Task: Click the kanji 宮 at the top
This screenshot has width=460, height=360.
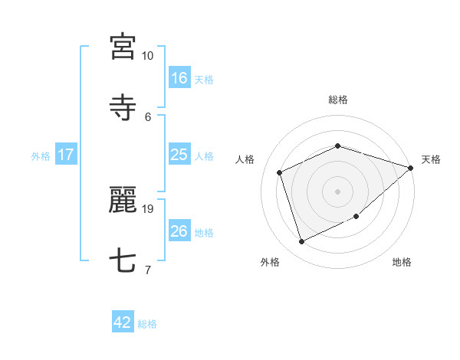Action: [123, 47]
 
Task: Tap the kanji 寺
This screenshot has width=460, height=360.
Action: [123, 108]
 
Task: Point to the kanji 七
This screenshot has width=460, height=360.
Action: [123, 261]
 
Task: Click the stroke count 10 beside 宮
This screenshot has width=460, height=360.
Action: [147, 56]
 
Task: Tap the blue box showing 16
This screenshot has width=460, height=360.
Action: [179, 78]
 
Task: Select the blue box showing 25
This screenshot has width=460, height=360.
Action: [179, 155]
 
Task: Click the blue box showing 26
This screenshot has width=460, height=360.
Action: [179, 231]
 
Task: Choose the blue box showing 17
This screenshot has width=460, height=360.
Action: [66, 155]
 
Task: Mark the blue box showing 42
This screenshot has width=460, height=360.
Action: [123, 323]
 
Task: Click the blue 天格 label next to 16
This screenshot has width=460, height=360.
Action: [203, 80]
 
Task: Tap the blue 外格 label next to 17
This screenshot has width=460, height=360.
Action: [41, 156]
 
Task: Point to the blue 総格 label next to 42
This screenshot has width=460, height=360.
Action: [147, 325]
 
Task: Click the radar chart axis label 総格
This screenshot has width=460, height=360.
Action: [338, 100]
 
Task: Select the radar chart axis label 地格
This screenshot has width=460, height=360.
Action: [402, 263]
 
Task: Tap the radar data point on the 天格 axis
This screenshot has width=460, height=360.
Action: [411, 168]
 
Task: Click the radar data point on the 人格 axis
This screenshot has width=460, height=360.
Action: [280, 172]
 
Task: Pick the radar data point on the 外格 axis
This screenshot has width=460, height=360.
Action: [302, 242]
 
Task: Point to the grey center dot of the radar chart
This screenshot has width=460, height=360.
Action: [338, 191]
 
